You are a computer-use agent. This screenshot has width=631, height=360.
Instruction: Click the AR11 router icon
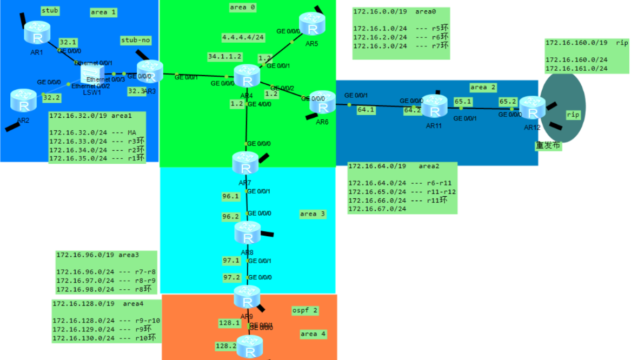coord(434,106)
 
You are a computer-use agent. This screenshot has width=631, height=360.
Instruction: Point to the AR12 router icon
coord(532,108)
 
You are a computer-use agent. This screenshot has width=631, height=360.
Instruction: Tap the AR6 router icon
coord(323,102)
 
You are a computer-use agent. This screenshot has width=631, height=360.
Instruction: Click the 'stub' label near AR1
coord(50,10)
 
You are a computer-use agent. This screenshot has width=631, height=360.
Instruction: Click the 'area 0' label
coord(243,7)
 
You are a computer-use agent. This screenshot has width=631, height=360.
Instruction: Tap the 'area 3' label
coord(313,214)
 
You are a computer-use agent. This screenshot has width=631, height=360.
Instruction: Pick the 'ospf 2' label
coord(305,310)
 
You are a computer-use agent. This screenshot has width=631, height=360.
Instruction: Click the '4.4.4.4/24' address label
coord(243,37)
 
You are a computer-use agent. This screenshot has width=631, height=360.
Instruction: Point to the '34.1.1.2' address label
coord(224,56)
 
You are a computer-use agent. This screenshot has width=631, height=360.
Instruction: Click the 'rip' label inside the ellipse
coord(573,115)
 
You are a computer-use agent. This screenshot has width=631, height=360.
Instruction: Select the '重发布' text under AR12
coord(548,145)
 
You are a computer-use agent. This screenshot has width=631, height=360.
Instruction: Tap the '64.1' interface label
coord(366,110)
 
